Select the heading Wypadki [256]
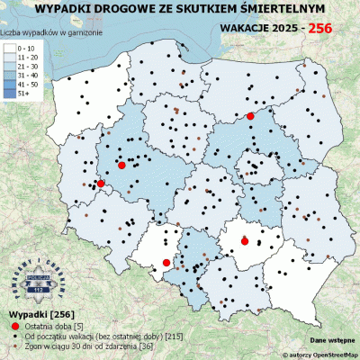point(34,313)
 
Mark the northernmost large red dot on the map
point(250,116)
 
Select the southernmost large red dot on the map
point(166,263)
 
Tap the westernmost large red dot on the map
point(101,184)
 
